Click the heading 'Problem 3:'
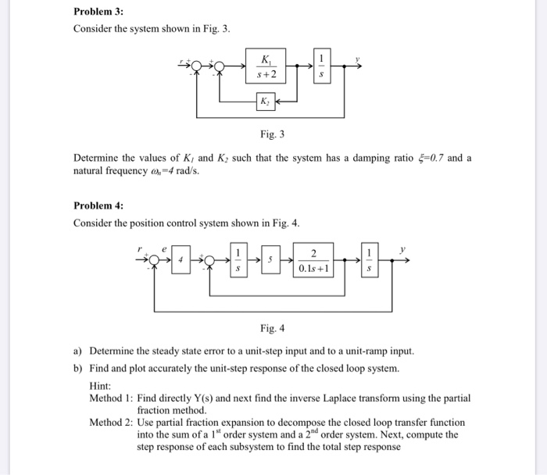[x=98, y=12]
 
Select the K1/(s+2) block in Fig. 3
[x=266, y=68]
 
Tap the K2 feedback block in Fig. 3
[x=265, y=102]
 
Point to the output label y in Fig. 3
[x=357, y=59]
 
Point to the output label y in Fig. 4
[x=404, y=251]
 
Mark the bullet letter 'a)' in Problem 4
[x=78, y=350]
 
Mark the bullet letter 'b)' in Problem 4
[x=78, y=367]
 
